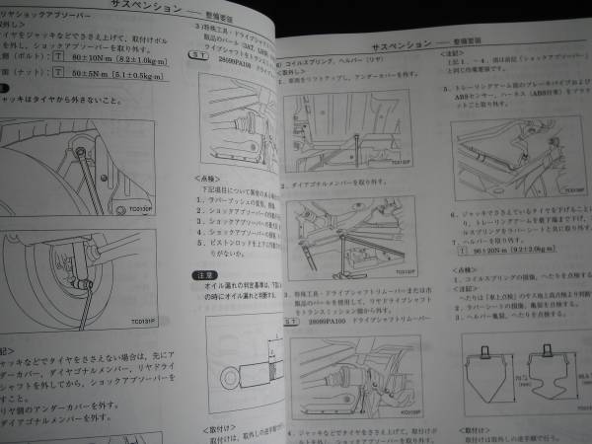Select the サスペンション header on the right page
[x=399, y=46]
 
